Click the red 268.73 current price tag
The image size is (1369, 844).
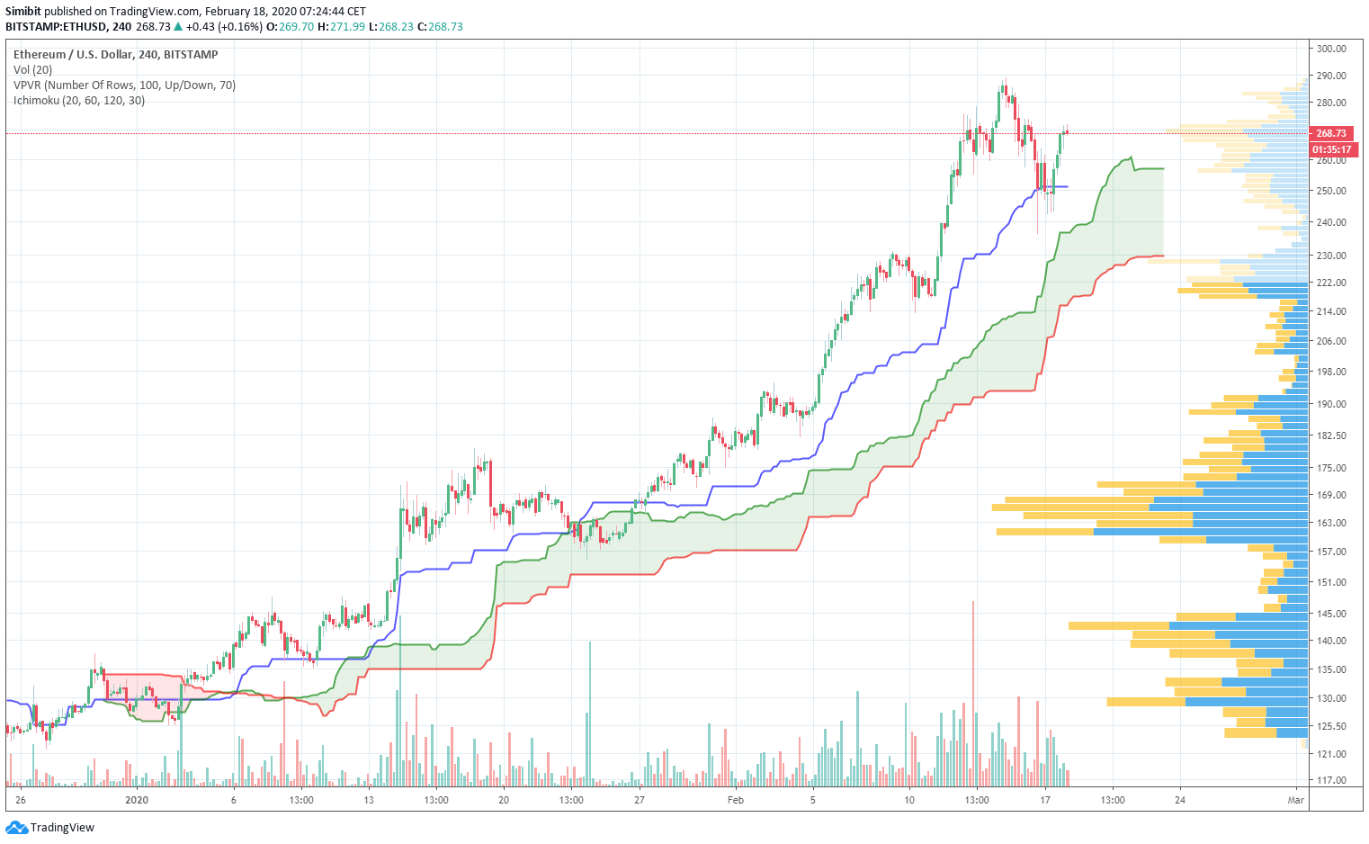[1331, 133]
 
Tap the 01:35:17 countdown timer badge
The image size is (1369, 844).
[1331, 149]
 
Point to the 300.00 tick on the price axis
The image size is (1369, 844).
[1331, 49]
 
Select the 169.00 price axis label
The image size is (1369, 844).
[1331, 495]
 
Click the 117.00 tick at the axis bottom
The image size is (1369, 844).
[1331, 780]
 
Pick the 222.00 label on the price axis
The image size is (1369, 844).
[1331, 283]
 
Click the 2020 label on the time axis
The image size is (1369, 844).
[137, 800]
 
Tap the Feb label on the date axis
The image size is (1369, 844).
[736, 800]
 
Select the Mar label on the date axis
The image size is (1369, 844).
[1295, 800]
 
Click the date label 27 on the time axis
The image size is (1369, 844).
[639, 800]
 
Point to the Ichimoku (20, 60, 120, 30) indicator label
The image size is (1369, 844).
[79, 101]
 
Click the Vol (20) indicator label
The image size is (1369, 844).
[33, 70]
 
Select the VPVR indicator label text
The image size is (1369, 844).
[124, 85]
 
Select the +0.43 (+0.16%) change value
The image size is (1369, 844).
[224, 27]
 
